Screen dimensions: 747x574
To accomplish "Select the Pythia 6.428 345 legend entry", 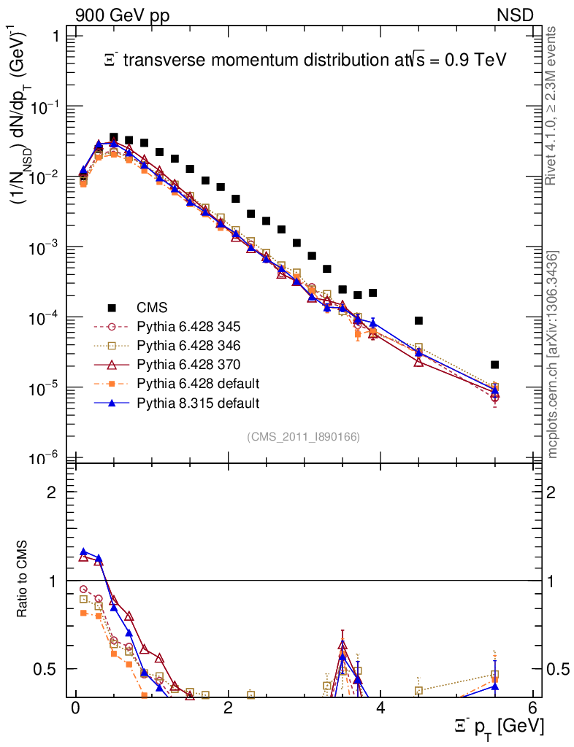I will coord(188,326).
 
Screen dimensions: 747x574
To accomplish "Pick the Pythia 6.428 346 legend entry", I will coord(188,345).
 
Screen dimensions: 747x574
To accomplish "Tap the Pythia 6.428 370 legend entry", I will coord(188,364).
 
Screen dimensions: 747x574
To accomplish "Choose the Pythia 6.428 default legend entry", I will coord(197,383).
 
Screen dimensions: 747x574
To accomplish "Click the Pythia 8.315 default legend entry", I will coord(197,402).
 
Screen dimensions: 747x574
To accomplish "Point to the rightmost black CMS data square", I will coord(494,365).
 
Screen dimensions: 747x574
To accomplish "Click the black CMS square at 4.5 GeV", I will coord(418,320).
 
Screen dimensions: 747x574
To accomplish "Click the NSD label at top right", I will coord(516,15).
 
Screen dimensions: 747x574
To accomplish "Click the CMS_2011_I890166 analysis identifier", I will coord(303,436).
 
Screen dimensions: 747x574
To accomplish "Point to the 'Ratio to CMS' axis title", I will coord(23,580).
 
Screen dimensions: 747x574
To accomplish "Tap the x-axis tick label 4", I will coord(380,708).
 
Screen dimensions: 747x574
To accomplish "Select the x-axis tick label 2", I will coord(228,708).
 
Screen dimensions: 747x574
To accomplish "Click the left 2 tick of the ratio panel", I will coord(53,492).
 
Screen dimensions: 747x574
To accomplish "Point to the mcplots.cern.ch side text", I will coord(553,355).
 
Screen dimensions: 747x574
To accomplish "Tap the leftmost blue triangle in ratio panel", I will coord(83,552).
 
